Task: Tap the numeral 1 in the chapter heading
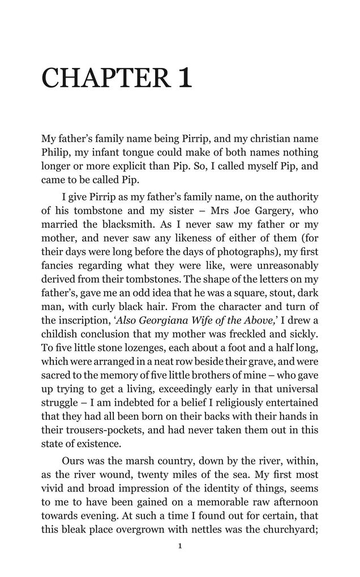coord(185,78)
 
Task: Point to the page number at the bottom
coord(180,546)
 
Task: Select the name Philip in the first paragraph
coord(55,153)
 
